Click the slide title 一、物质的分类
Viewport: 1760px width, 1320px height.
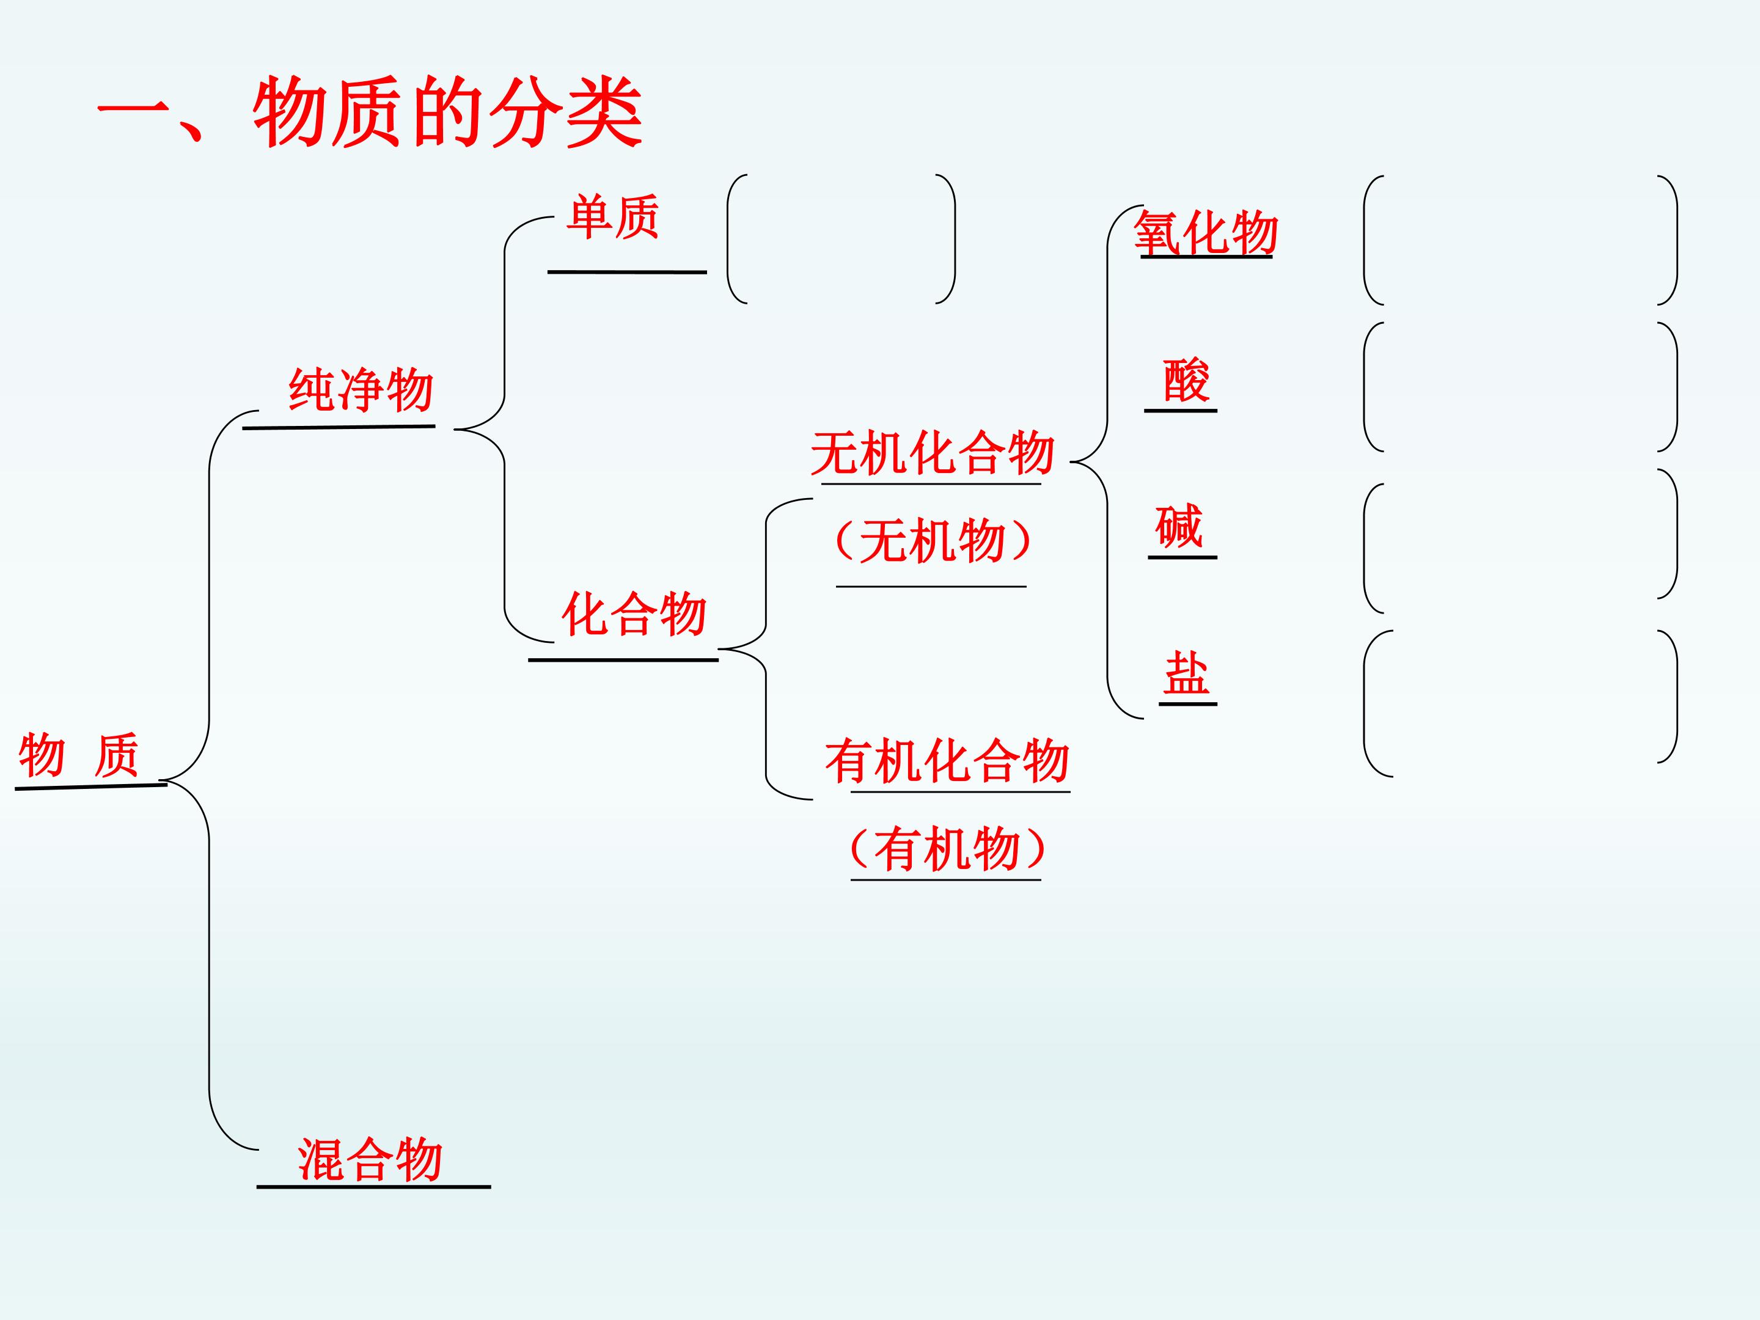coord(369,112)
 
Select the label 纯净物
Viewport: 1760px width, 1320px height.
coord(361,389)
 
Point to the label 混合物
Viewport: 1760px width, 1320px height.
coord(370,1159)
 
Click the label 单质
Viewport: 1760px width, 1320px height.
coord(613,216)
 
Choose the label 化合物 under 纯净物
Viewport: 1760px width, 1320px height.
coord(634,614)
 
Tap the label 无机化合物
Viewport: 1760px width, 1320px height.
coord(933,453)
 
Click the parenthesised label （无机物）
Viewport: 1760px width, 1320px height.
coord(933,541)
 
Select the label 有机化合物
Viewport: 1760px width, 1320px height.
coord(947,761)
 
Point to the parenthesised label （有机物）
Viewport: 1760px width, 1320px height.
coord(947,849)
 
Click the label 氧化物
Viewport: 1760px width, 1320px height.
coord(1206,233)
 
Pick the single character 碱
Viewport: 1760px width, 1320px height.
coord(1179,526)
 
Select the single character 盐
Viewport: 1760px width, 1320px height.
coord(1186,673)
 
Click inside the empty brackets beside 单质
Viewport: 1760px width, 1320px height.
coord(841,239)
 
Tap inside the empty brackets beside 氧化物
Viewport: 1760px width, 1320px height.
coord(1520,240)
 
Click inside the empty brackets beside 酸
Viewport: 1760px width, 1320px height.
coord(1520,387)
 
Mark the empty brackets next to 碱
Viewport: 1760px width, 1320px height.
coord(1520,541)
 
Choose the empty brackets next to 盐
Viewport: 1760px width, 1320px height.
coord(1520,703)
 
